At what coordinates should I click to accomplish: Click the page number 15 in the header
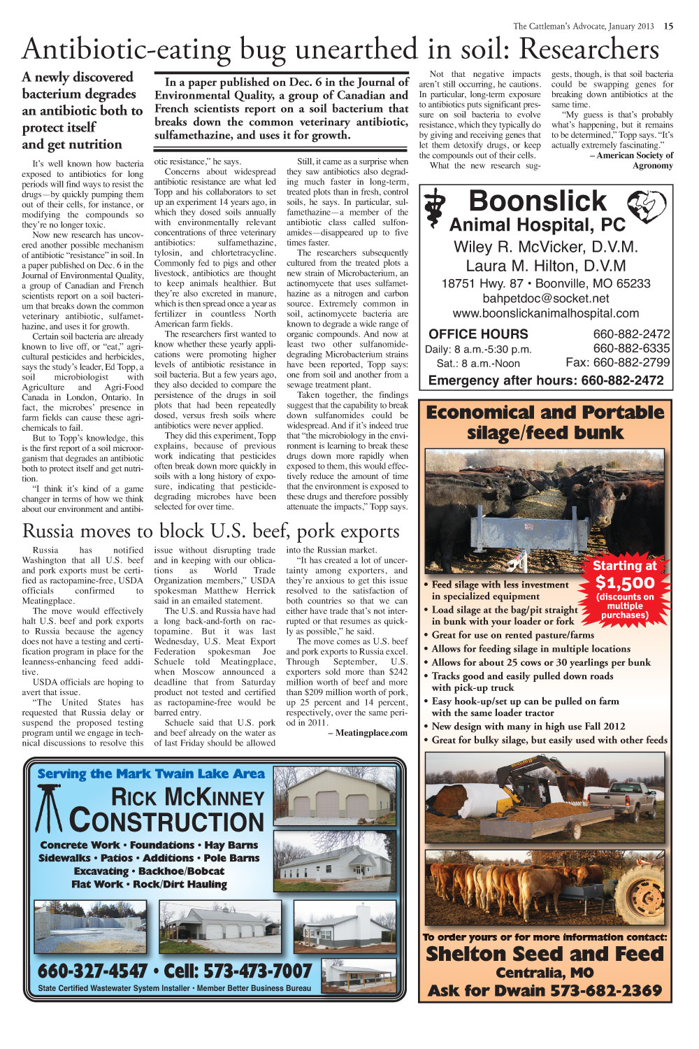[669, 26]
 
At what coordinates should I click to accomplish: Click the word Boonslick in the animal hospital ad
[538, 201]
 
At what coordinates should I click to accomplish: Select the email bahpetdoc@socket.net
[545, 299]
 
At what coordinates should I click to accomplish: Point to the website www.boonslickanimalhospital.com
[545, 313]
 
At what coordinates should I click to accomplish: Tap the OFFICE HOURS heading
[478, 334]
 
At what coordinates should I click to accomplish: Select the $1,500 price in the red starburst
[625, 583]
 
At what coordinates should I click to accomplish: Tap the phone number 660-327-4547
[92, 971]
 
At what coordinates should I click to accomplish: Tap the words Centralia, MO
[545, 973]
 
